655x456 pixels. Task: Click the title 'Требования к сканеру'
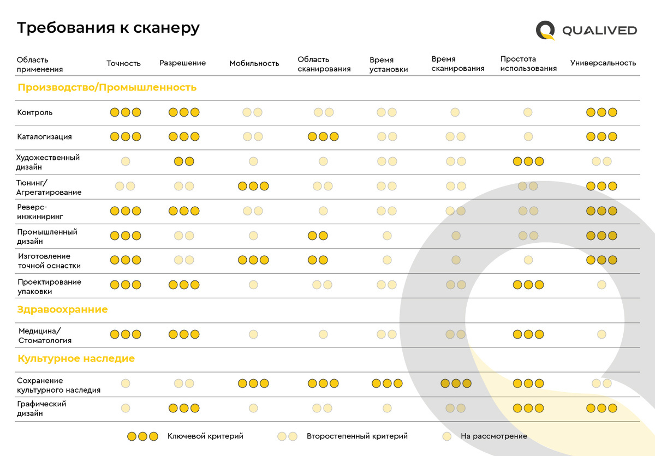coord(108,28)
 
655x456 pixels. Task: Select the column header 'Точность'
coord(123,63)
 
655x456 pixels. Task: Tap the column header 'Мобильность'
coord(254,63)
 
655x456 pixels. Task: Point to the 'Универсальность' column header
coord(603,63)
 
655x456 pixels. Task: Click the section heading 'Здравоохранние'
coord(63,309)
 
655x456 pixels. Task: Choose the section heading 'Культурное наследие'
coord(76,358)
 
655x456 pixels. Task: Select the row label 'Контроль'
coord(35,112)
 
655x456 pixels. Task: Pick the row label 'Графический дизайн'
coord(41,409)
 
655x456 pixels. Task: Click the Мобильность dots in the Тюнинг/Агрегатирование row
coord(253,186)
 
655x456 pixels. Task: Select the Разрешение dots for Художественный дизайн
coord(184,161)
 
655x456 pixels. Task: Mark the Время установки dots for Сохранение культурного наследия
coord(387,383)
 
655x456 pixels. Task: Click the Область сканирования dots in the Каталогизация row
coord(323,136)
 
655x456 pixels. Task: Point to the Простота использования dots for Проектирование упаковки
coord(528,284)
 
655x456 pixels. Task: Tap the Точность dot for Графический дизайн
coord(126,408)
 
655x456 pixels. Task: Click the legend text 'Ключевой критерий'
coord(205,436)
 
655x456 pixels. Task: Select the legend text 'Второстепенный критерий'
coord(357,436)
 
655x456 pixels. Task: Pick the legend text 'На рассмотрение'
coord(493,436)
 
